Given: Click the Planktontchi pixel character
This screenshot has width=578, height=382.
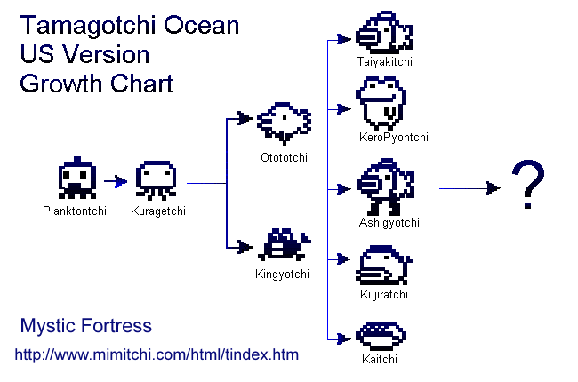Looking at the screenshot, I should click(77, 179).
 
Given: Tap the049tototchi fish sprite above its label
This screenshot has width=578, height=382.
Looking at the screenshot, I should click(284, 123).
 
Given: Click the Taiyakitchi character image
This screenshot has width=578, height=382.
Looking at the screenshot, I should click(384, 34).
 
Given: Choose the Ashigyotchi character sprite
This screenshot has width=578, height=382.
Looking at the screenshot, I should click(384, 187).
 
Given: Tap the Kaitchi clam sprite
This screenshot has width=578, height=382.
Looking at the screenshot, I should click(381, 336).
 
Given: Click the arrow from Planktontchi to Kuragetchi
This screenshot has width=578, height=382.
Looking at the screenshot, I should click(116, 182).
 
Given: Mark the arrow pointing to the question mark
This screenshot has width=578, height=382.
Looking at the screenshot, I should click(471, 188).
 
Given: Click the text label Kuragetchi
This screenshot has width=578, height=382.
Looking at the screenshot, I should click(157, 211).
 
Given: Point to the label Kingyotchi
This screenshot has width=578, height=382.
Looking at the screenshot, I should click(282, 275).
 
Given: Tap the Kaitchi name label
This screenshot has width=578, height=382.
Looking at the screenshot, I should click(380, 359).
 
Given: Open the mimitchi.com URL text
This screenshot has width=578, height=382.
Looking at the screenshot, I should click(157, 354).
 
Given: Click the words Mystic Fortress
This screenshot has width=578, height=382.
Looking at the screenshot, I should click(85, 326).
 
